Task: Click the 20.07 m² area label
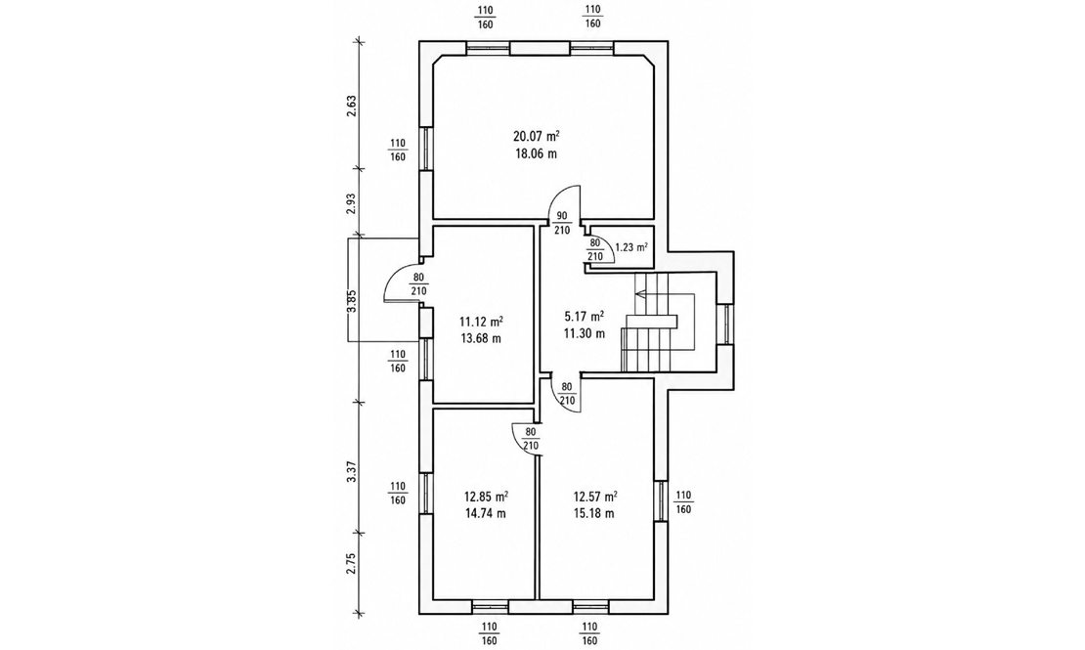pyautogui.click(x=537, y=137)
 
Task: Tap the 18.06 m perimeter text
pyautogui.click(x=536, y=153)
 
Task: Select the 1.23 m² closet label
pyautogui.click(x=631, y=246)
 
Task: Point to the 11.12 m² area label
pyautogui.click(x=481, y=322)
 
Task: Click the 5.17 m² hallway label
pyautogui.click(x=584, y=317)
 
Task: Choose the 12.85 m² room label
pyautogui.click(x=487, y=497)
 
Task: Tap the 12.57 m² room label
pyautogui.click(x=595, y=497)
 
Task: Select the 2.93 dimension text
pyautogui.click(x=352, y=204)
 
